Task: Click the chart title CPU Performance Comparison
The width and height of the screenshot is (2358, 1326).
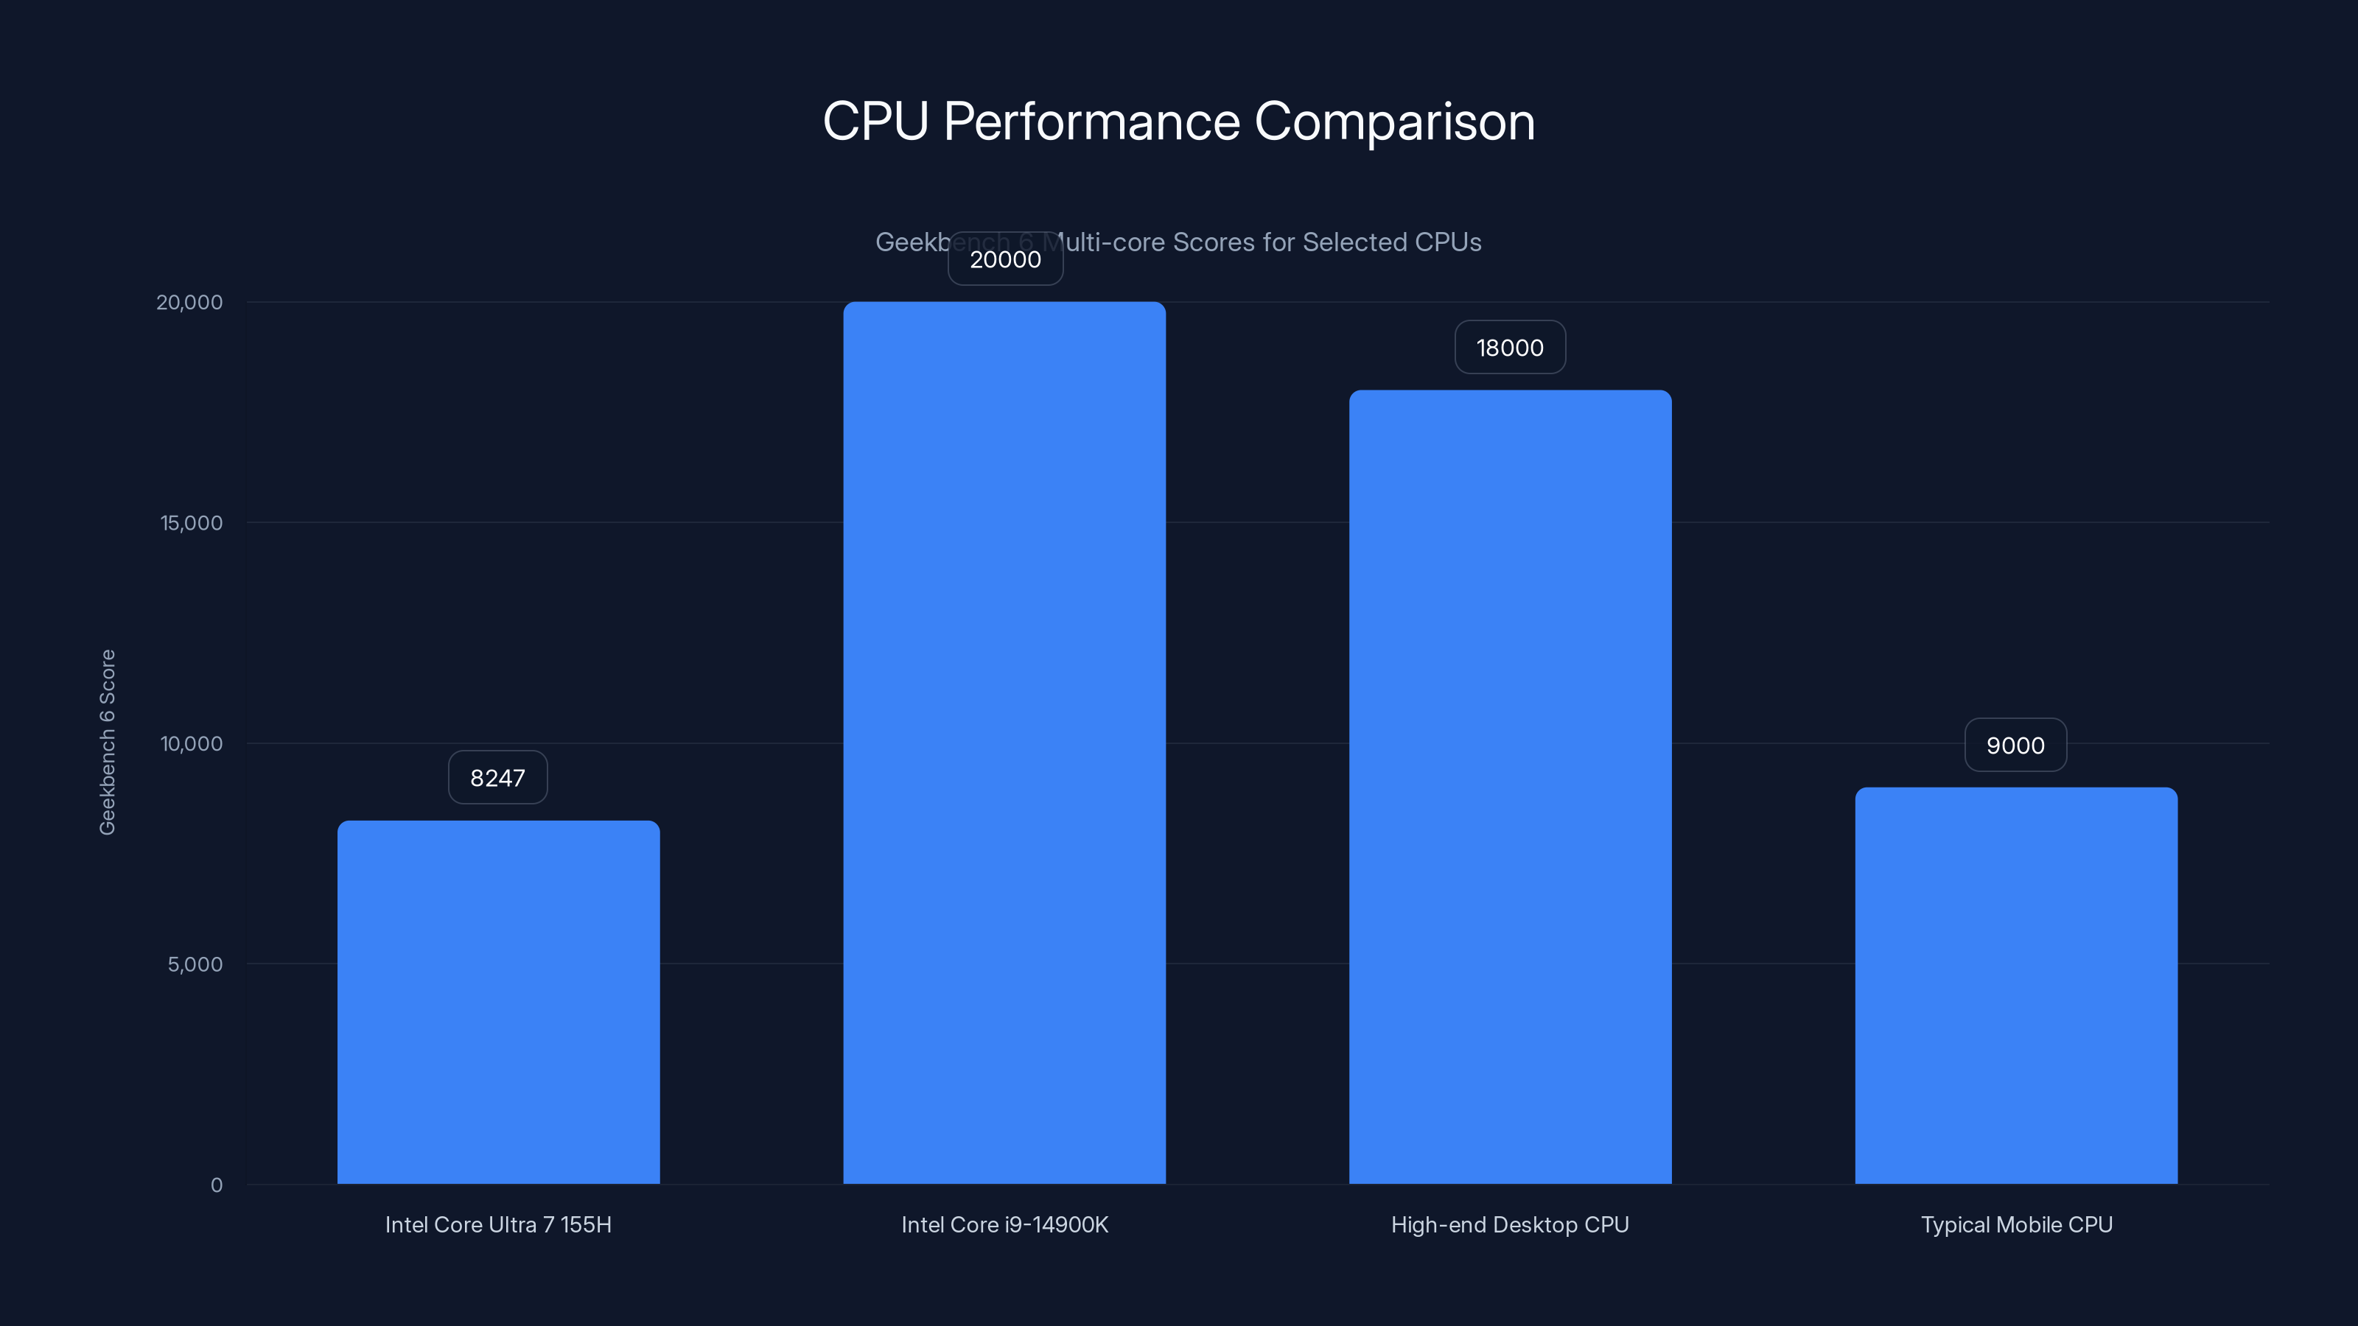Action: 1178,122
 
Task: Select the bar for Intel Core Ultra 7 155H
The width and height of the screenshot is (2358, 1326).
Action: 498,1002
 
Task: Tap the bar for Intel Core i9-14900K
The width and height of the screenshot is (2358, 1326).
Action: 1004,742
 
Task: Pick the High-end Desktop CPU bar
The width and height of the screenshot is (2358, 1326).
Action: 1509,787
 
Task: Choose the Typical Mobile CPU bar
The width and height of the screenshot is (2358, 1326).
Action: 2015,986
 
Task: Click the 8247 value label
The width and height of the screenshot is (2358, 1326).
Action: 498,778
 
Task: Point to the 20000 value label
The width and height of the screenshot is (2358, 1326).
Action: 1005,260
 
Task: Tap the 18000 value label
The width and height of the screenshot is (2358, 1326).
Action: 1509,348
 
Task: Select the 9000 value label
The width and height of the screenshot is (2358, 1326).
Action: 2015,746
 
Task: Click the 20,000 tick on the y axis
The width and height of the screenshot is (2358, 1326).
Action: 189,303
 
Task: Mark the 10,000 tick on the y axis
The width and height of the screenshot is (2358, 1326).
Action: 192,744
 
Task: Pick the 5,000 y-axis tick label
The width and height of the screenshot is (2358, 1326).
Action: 195,964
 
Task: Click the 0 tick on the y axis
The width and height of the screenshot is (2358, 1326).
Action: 217,1185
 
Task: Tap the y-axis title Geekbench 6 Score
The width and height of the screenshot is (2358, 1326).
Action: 107,742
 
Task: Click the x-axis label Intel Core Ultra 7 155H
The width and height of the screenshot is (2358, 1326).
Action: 498,1225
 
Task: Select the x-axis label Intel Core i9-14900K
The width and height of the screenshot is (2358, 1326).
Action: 1004,1225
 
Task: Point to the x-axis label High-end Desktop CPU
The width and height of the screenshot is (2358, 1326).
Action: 1509,1225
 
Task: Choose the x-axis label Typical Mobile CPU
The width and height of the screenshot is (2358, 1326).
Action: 2015,1225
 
